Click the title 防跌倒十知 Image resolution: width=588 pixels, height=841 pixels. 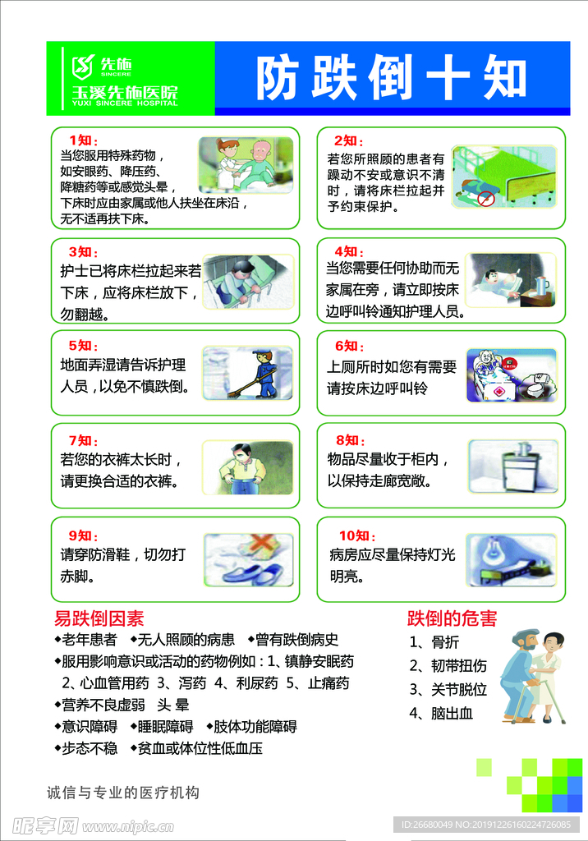pos(391,79)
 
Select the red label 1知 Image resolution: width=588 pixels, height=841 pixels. pos(83,140)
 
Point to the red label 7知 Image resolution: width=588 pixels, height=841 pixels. pos(83,439)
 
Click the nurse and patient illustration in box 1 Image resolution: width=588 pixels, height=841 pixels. pos(246,164)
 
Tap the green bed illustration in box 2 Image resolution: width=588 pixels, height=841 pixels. pos(504,175)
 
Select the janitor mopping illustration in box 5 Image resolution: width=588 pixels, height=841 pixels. pos(247,373)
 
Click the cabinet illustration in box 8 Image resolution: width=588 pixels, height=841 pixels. pos(512,466)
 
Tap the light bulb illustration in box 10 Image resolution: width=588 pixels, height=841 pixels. pos(511,559)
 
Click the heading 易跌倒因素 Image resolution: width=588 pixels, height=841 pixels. pos(99,618)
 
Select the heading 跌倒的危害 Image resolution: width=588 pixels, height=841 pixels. pos(452,618)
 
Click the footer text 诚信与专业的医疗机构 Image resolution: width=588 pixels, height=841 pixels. pos(123,793)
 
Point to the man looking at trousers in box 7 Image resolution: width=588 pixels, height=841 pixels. pos(246,467)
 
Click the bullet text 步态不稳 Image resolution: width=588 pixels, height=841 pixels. pos(89,747)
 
